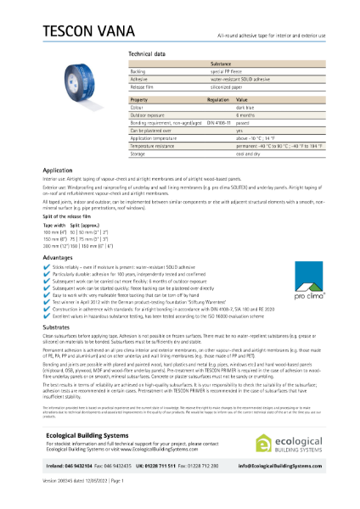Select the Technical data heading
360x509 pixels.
147,53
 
